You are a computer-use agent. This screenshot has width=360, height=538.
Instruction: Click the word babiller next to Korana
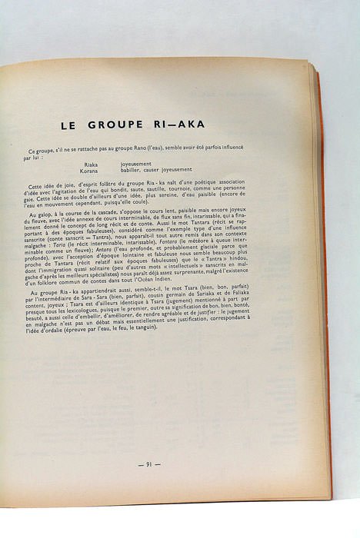[x=133, y=170]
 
